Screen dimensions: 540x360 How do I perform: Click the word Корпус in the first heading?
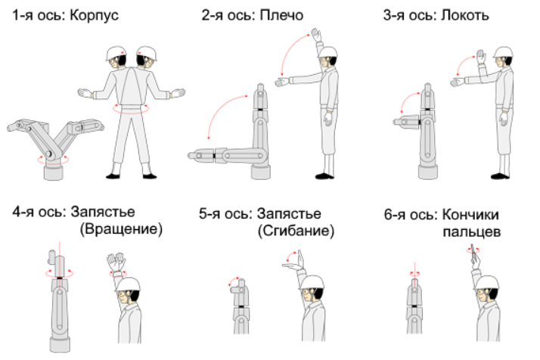(x=94, y=16)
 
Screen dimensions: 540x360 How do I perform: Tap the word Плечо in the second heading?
(x=281, y=15)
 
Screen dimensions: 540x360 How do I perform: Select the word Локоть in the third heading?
(x=465, y=15)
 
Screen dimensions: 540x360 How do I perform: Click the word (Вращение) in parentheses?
(x=121, y=229)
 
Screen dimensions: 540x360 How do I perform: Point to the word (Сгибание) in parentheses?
(x=296, y=231)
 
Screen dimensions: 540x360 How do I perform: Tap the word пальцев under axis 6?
(x=471, y=232)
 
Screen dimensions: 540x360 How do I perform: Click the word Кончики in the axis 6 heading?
(x=470, y=215)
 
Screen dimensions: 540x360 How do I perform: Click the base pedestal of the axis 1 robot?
(x=54, y=172)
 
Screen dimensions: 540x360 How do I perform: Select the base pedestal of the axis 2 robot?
(x=261, y=172)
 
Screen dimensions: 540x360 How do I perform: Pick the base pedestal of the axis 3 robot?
(x=428, y=172)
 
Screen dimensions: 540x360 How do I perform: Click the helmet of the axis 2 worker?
(x=327, y=52)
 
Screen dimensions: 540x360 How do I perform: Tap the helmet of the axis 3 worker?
(x=503, y=52)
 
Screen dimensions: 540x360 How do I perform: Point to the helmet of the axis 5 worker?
(x=312, y=283)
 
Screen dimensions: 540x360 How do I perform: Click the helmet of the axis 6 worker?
(x=486, y=283)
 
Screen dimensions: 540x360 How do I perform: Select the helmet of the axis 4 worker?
(x=128, y=284)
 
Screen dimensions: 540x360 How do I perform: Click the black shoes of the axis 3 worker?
(x=500, y=176)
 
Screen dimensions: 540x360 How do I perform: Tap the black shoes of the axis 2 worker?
(x=324, y=176)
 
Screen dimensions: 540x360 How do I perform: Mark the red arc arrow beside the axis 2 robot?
(x=220, y=110)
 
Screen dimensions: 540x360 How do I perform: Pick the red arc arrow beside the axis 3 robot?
(x=407, y=100)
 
